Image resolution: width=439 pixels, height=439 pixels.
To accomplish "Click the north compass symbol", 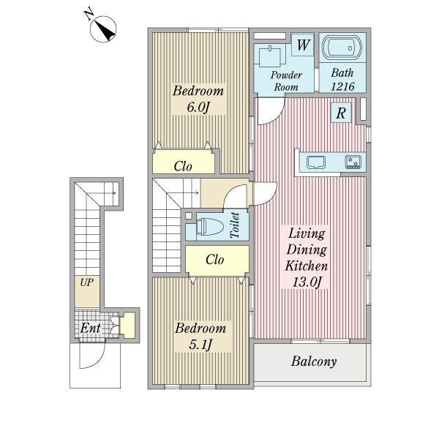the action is pyautogui.click(x=103, y=29).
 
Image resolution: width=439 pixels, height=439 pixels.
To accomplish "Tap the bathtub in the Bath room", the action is pyautogui.click(x=342, y=48).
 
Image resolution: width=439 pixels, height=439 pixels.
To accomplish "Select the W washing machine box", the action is pyautogui.click(x=303, y=45).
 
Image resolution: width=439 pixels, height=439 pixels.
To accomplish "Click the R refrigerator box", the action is pyautogui.click(x=341, y=113).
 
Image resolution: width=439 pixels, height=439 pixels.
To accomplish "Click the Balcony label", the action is pyautogui.click(x=314, y=361).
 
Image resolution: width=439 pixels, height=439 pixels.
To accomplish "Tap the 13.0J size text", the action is pyautogui.click(x=307, y=282).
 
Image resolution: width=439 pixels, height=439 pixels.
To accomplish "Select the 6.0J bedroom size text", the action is pyautogui.click(x=198, y=107).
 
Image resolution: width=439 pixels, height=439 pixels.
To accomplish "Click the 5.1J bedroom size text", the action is pyautogui.click(x=200, y=345).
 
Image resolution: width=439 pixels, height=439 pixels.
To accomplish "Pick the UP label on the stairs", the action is pyautogui.click(x=87, y=282).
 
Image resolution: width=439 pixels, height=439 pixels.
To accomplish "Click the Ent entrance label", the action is pyautogui.click(x=91, y=328).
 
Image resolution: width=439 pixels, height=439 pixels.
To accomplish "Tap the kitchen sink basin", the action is pyautogui.click(x=316, y=162).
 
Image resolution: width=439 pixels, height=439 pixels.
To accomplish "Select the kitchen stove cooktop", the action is pyautogui.click(x=353, y=162).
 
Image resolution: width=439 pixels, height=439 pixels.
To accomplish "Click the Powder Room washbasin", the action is pyautogui.click(x=270, y=57).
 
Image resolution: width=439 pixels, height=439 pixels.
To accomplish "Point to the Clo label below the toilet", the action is pyautogui.click(x=214, y=260).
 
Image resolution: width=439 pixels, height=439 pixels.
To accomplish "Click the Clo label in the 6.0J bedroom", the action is pyautogui.click(x=183, y=166).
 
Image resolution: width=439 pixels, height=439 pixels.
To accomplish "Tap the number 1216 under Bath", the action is pyautogui.click(x=343, y=86).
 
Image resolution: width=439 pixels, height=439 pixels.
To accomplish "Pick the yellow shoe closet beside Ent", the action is pyautogui.click(x=127, y=326).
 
